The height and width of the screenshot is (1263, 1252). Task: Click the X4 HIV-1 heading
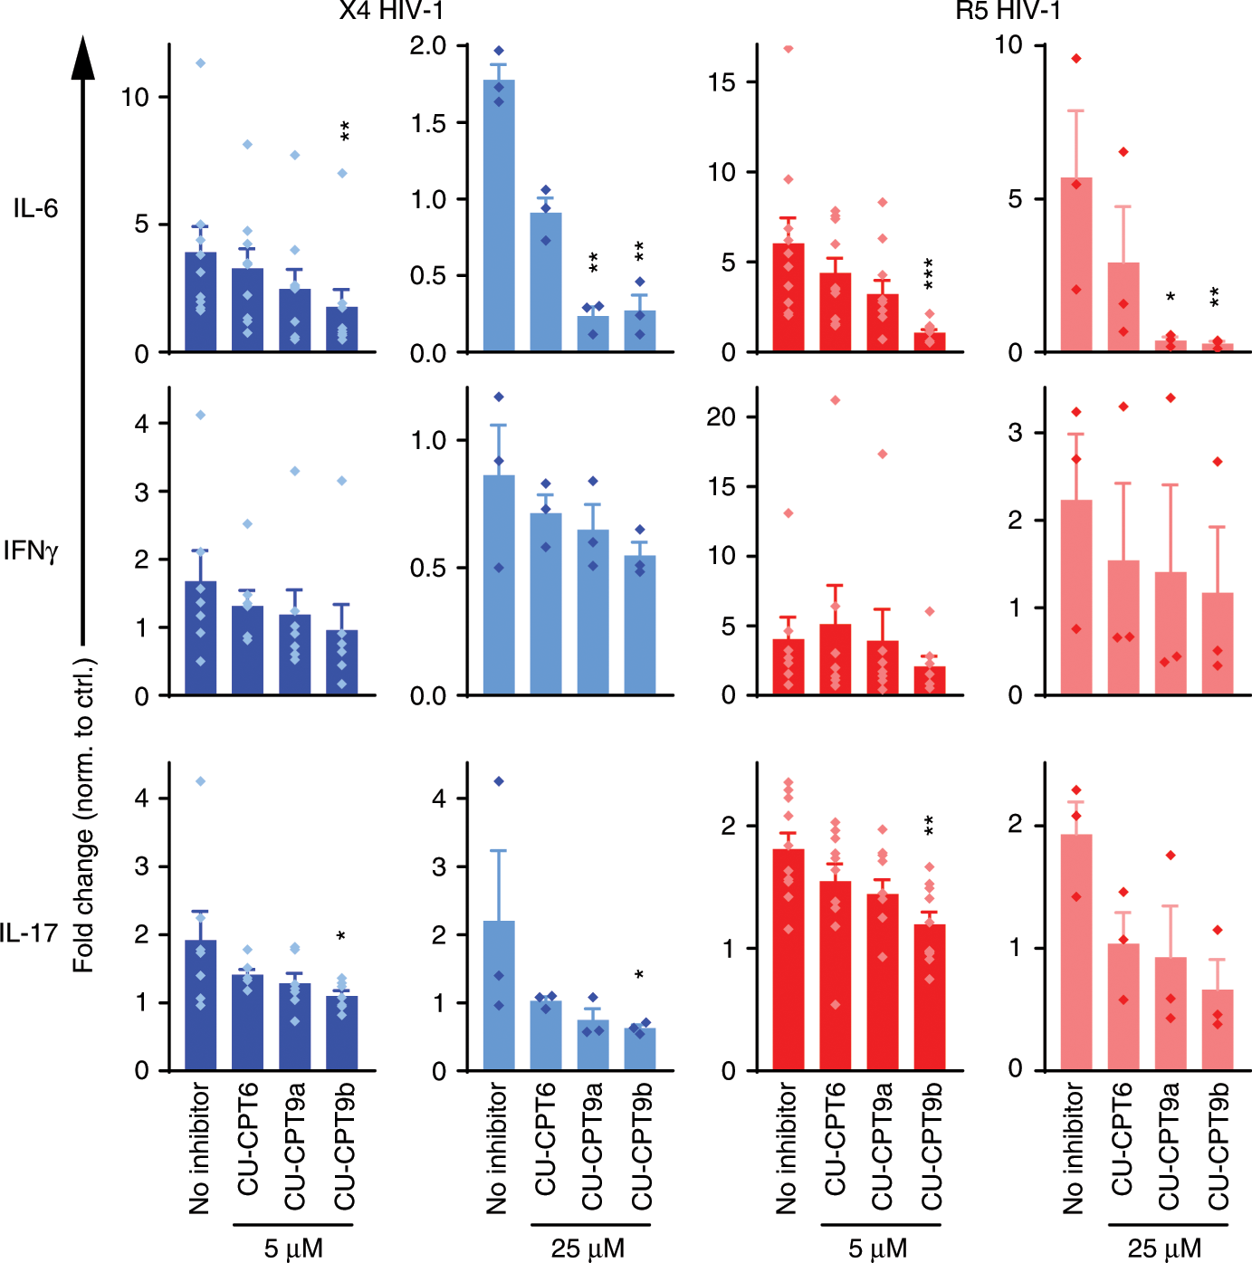click(x=391, y=11)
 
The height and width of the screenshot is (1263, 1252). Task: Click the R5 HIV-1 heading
click(x=1008, y=11)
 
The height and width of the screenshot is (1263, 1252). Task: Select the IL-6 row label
click(x=35, y=209)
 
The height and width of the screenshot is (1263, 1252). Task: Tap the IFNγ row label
click(x=31, y=550)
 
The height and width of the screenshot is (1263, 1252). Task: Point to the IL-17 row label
click(x=29, y=933)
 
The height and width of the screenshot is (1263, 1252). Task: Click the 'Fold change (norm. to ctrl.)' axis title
click(x=83, y=815)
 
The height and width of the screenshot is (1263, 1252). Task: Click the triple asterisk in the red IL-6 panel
click(x=930, y=273)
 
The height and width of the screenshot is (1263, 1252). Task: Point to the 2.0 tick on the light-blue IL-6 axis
click(x=427, y=46)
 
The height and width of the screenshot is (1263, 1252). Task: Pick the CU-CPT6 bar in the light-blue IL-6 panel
click(x=546, y=282)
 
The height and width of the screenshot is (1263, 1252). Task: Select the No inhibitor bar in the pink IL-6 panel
click(x=1076, y=264)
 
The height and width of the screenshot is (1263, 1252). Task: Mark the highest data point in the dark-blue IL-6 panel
click(x=201, y=62)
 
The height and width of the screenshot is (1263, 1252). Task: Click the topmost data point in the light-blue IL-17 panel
click(x=499, y=781)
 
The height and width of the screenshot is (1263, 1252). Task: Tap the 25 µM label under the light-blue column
click(x=588, y=1249)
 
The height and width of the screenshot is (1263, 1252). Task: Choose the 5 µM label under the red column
click(x=877, y=1249)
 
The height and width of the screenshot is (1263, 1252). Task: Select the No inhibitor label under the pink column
click(x=1074, y=1148)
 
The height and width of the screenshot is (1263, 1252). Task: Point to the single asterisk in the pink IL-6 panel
click(x=1171, y=297)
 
